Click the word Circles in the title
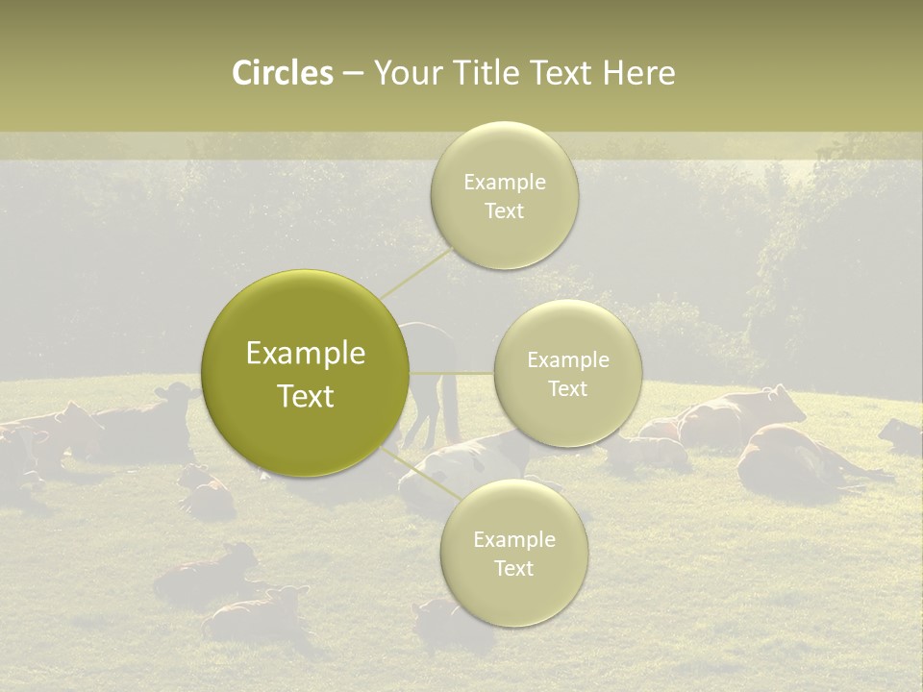coord(282,73)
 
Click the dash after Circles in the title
coord(352,74)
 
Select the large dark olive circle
coord(306,373)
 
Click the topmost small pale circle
coord(504,195)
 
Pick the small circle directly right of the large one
coord(567,373)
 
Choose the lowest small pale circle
coord(513,553)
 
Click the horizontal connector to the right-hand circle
coord(452,372)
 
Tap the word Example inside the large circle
coord(306,354)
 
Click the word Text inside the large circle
coord(306,395)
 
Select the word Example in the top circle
coord(504,182)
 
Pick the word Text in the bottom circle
coord(513,568)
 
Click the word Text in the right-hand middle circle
coord(567,388)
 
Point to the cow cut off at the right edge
coord(902,437)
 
